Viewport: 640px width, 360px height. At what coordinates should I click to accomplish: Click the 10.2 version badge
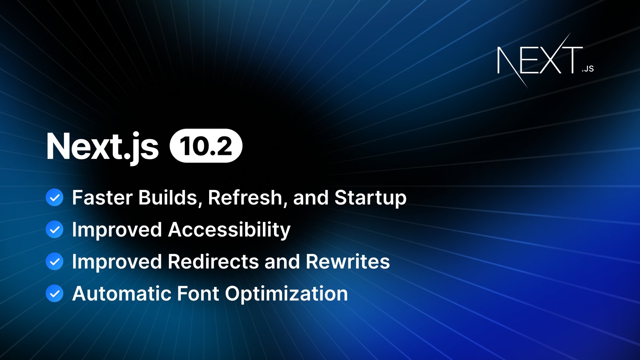click(206, 146)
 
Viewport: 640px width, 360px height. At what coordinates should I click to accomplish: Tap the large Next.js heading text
click(102, 147)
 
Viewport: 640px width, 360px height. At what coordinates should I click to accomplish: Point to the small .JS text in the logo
click(588, 69)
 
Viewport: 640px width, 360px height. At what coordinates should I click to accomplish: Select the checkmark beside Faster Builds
click(54, 198)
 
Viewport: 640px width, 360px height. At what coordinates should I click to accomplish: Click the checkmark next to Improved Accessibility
click(54, 230)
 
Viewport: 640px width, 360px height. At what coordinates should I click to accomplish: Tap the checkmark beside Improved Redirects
click(54, 262)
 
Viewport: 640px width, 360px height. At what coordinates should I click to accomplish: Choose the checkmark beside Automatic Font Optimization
click(54, 294)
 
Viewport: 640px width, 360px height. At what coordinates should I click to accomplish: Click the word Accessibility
click(229, 230)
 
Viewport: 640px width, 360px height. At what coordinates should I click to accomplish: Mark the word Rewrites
click(348, 262)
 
